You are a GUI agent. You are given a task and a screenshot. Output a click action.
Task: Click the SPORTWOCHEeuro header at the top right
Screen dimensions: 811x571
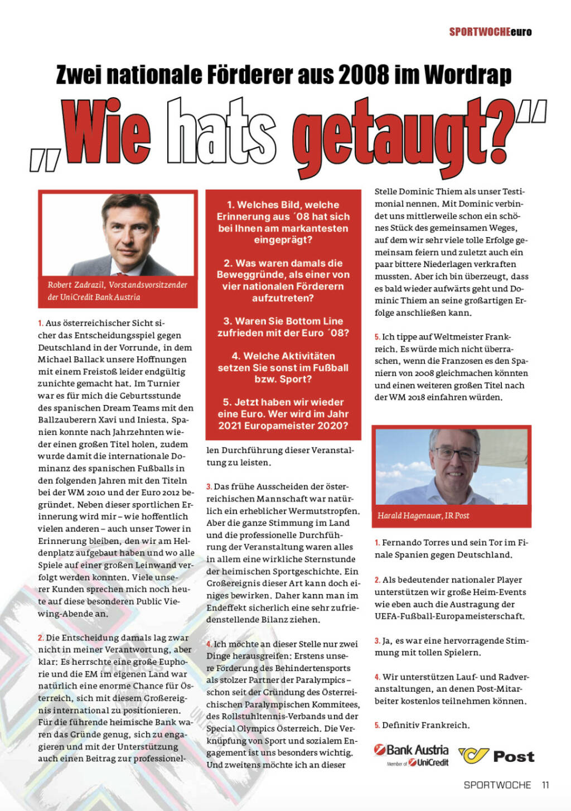tap(490, 32)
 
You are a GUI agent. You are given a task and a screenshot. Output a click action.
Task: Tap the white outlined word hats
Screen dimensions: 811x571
tap(222, 133)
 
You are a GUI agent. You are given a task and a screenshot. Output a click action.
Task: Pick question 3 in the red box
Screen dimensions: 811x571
tap(283, 327)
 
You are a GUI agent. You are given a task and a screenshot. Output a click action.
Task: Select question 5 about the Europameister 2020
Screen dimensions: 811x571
tap(283, 414)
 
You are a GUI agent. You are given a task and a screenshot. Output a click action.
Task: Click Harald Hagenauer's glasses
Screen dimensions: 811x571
tap(456, 453)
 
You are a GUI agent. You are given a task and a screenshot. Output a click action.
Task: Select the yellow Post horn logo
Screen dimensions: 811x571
tap(473, 756)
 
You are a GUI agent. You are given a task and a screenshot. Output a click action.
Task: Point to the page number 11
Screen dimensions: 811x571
tap(545, 785)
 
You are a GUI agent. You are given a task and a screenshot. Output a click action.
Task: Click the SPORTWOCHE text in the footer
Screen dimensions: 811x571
tap(497, 785)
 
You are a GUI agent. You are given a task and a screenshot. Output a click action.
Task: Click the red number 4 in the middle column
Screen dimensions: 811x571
tap(209, 644)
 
